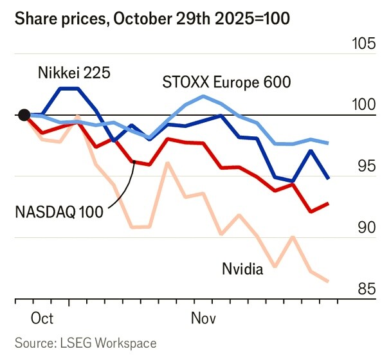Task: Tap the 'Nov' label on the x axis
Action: point(203,318)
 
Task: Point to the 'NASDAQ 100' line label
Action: point(60,212)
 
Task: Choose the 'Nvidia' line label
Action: point(242,269)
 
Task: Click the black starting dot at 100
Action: point(24,115)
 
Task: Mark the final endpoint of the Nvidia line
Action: point(329,281)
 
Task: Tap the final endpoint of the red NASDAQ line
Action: point(329,203)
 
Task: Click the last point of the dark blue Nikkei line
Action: point(329,178)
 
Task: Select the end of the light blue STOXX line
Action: point(329,143)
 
